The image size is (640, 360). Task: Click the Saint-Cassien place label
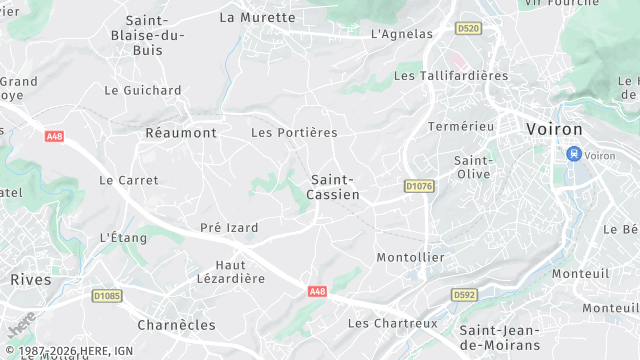(x=335, y=187)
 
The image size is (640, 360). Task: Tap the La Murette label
(x=257, y=17)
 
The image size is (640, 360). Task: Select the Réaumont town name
(x=181, y=132)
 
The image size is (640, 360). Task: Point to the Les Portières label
(x=294, y=132)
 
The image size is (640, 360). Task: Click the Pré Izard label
(x=229, y=228)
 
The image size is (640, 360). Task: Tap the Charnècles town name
(x=176, y=324)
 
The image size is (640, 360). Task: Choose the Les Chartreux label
(x=392, y=323)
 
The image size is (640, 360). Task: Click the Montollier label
(x=410, y=257)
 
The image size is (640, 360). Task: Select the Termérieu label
(x=461, y=127)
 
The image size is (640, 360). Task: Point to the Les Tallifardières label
(x=451, y=75)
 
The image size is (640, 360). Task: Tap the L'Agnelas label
(x=400, y=33)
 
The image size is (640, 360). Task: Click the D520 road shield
(x=466, y=29)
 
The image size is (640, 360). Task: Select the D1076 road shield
(x=419, y=185)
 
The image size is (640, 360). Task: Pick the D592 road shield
(x=464, y=295)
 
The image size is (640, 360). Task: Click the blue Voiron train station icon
(x=573, y=154)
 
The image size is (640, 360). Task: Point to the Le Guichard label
(x=143, y=90)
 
